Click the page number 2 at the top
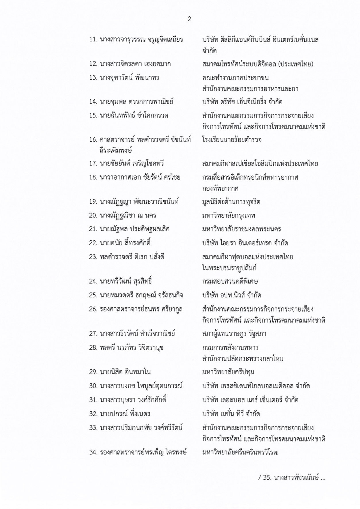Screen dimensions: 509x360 [189, 19]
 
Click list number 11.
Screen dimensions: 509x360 [93, 39]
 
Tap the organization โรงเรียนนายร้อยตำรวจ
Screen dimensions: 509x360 [232, 140]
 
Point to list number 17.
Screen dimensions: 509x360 [93, 164]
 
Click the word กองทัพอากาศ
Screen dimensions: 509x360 [220, 188]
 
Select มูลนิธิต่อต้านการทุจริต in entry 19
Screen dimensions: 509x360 [231, 202]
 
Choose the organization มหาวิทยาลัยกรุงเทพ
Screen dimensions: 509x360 [229, 215]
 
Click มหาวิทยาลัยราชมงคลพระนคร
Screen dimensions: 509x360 [241, 229]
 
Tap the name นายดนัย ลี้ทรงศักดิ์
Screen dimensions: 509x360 [125, 243]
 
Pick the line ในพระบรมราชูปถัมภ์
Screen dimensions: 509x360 [229, 268]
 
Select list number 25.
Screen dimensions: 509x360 [93, 295]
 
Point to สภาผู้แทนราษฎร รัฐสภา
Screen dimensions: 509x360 [234, 334]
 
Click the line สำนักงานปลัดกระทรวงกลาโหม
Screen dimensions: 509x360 [243, 359]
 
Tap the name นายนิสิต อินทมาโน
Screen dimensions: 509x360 [125, 372]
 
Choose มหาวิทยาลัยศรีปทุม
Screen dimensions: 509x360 [228, 372]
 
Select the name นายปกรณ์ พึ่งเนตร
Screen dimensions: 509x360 [125, 414]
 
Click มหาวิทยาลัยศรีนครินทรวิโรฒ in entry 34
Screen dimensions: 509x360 [240, 453]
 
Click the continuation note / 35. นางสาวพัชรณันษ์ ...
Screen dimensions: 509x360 [292, 478]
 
